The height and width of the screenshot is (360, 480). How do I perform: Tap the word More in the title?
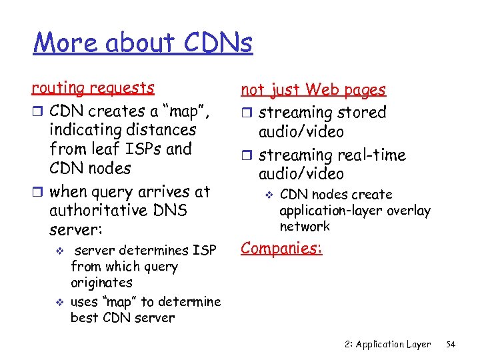point(59,43)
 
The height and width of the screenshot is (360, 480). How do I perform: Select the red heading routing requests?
point(93,88)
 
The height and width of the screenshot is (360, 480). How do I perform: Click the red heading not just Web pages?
point(313,89)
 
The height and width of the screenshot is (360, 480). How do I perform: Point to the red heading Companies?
point(281,248)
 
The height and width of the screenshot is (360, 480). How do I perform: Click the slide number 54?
point(450,344)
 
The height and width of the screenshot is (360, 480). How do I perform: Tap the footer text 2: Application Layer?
point(389,344)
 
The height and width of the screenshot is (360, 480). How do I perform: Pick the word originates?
point(101,283)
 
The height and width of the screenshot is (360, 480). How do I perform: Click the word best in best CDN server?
point(84,317)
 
